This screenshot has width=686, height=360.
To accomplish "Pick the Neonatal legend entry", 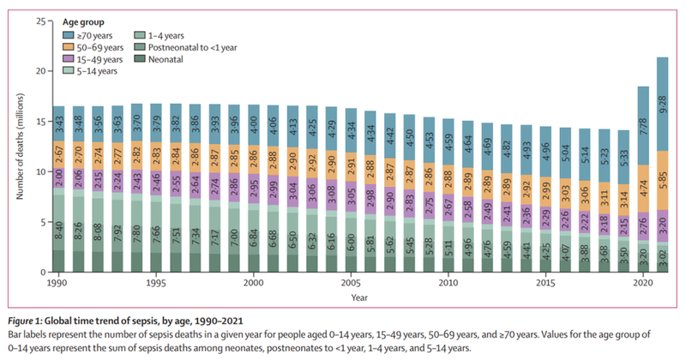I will (175, 59).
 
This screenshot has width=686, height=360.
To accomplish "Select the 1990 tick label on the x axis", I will (58, 282).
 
